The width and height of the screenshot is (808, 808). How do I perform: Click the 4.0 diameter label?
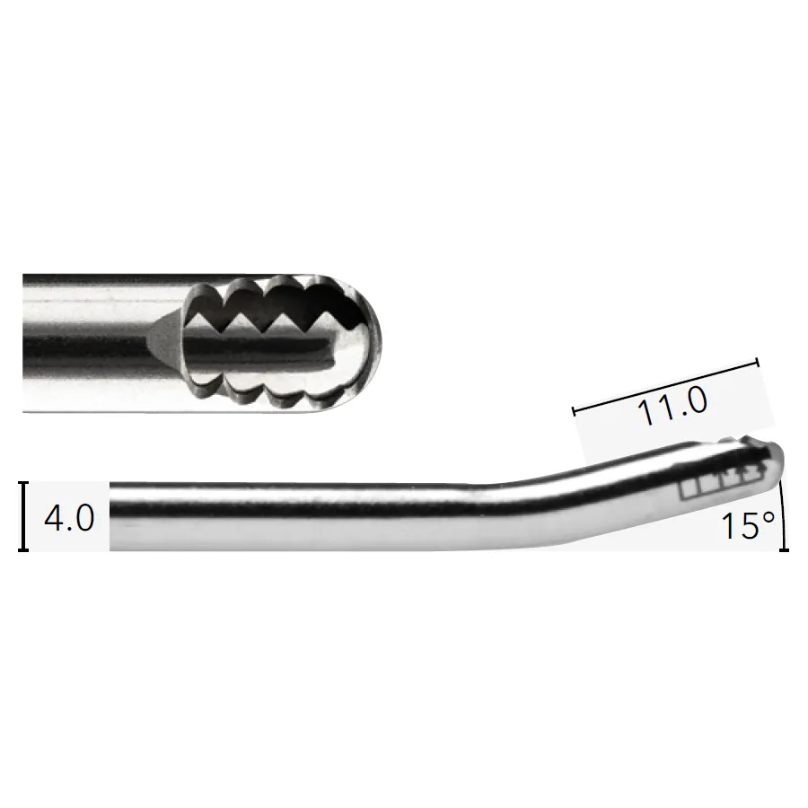pyautogui.click(x=69, y=518)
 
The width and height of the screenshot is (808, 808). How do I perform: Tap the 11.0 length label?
pyautogui.click(x=672, y=406)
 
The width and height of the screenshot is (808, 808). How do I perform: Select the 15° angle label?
pyautogui.click(x=748, y=525)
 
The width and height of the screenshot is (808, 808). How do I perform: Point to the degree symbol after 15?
pyautogui.click(x=768, y=517)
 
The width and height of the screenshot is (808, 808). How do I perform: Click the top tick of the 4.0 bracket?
pyautogui.click(x=23, y=483)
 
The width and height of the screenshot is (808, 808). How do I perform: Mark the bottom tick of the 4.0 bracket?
pyautogui.click(x=23, y=550)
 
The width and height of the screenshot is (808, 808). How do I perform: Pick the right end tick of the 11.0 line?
pyautogui.click(x=758, y=363)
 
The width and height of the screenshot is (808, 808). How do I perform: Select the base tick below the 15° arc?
pyautogui.click(x=784, y=550)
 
